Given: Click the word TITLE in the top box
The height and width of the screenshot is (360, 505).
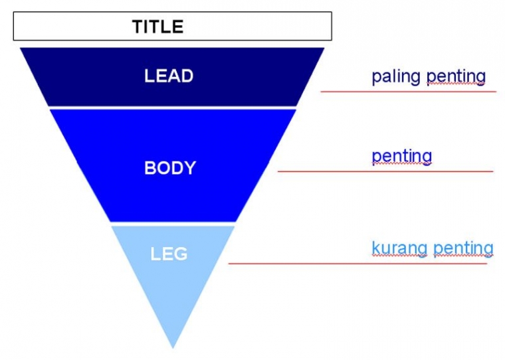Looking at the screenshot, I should tap(157, 27).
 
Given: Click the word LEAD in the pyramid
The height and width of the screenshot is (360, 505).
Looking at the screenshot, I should tap(169, 76).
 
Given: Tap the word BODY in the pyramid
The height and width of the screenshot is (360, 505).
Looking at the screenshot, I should tap(170, 167).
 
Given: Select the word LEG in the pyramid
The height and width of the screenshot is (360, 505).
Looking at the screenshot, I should tap(169, 254).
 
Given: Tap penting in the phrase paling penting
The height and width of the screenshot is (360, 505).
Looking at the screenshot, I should tap(456, 76).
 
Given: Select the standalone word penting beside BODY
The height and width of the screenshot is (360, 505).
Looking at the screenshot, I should tap(402, 157).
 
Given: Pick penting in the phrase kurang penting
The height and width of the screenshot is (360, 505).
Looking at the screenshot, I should tap(463, 248).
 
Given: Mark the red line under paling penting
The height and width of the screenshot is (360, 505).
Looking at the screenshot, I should tap(408, 91).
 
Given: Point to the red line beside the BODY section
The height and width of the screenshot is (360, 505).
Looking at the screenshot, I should tap(385, 171).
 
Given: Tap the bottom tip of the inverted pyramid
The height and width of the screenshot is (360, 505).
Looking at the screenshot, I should tap(173, 345).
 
